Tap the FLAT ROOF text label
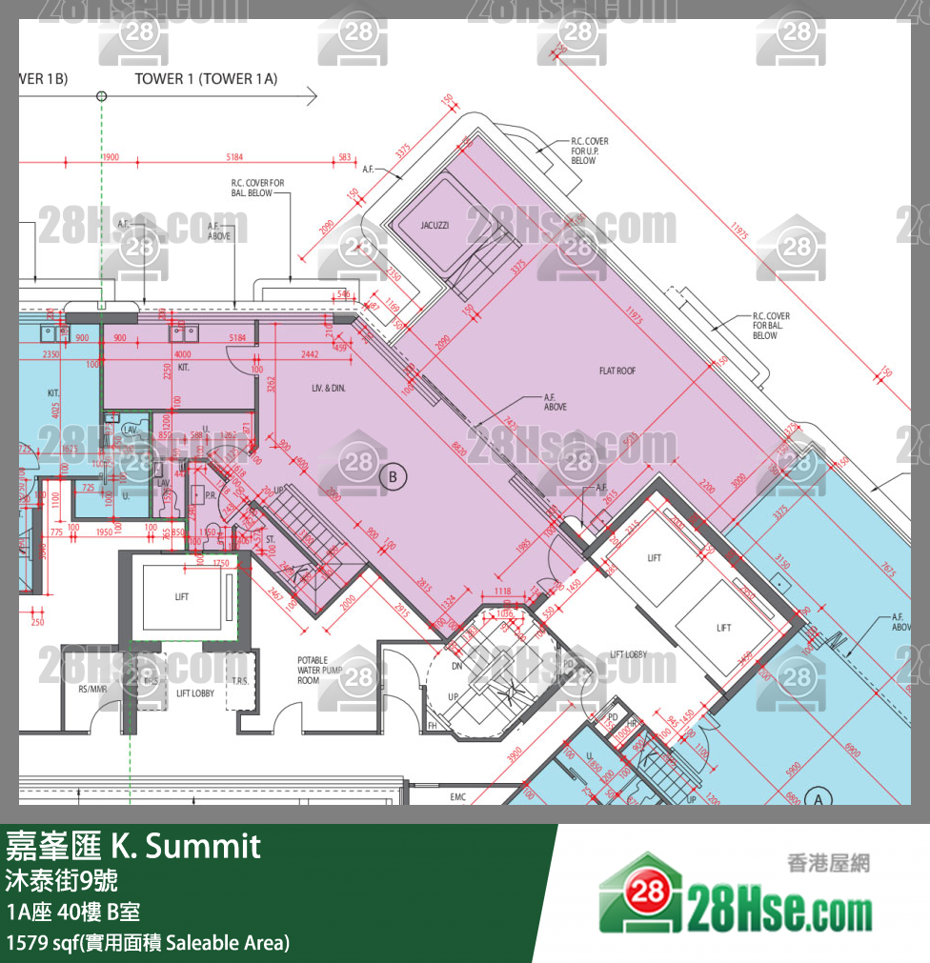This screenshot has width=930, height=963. pyautogui.click(x=617, y=371)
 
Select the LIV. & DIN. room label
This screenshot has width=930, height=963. pyautogui.click(x=328, y=388)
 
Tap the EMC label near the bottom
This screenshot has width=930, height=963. pyautogui.click(x=458, y=797)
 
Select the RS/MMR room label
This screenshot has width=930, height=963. pyautogui.click(x=91, y=688)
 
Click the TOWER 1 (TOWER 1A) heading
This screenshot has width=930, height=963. pyautogui.click(x=206, y=79)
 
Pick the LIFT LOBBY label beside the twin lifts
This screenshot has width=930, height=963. pyautogui.click(x=628, y=655)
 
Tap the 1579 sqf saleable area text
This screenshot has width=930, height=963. pyautogui.click(x=148, y=943)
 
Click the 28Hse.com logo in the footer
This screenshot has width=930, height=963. pyautogui.click(x=735, y=900)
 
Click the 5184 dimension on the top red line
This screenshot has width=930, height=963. pyautogui.click(x=234, y=157)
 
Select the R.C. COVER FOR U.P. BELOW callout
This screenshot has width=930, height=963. pyautogui.click(x=590, y=150)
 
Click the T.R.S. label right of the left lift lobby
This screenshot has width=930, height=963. pyautogui.click(x=239, y=681)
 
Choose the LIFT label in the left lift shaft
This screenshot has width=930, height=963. pyautogui.click(x=182, y=596)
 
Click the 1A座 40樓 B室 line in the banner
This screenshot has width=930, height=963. pyautogui.click(x=73, y=912)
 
